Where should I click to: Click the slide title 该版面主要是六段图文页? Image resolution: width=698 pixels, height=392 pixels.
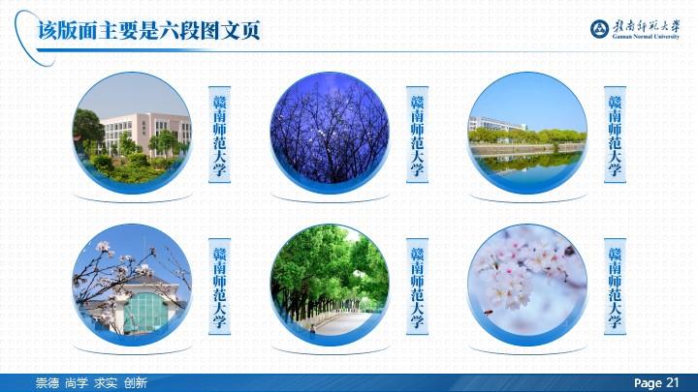148,31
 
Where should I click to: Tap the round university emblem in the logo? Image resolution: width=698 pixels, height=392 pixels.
600,29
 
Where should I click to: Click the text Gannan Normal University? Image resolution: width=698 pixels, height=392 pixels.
646,37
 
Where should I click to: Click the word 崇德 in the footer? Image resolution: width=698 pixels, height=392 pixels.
48,382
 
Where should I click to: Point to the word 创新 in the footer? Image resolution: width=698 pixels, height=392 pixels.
136,382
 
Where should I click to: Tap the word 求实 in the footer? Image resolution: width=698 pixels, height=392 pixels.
106,382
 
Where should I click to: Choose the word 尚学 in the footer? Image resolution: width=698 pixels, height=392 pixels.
77,382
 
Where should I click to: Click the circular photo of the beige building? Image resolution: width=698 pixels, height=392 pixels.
133,133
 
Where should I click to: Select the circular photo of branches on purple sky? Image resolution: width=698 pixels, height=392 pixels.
330,133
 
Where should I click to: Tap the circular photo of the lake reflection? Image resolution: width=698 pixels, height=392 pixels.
527,133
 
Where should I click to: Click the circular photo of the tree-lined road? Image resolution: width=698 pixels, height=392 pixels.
330,285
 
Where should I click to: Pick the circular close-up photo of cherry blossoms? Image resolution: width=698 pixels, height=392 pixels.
527,285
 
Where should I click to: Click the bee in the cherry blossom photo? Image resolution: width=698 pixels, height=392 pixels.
489,313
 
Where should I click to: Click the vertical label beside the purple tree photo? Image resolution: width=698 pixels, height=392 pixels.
417,135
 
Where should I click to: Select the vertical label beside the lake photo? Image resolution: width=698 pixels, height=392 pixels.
615,135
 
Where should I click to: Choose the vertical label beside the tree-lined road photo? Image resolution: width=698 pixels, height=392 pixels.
417,286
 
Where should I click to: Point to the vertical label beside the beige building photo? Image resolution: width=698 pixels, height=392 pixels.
219,135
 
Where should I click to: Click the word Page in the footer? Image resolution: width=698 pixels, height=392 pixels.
648,383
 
